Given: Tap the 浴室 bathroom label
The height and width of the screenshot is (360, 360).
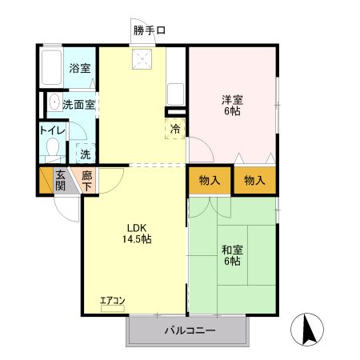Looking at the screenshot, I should (78, 70).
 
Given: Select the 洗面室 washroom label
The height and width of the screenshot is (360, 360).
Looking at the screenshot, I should (79, 104).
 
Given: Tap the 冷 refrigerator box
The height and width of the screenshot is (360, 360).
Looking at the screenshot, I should (175, 128).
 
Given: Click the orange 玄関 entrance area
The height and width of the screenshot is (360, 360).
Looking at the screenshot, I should (60, 180).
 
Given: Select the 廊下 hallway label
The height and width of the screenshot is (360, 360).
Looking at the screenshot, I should (86, 180).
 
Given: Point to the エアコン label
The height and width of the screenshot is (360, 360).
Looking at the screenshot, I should (112, 301).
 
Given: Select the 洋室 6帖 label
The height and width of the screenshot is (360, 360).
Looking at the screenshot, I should (232, 106).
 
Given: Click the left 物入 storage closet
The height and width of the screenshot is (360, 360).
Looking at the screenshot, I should (210, 181).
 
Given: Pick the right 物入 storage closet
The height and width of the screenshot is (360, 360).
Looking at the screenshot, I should (254, 181).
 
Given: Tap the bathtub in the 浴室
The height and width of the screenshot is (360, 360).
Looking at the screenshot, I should (52, 67).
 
